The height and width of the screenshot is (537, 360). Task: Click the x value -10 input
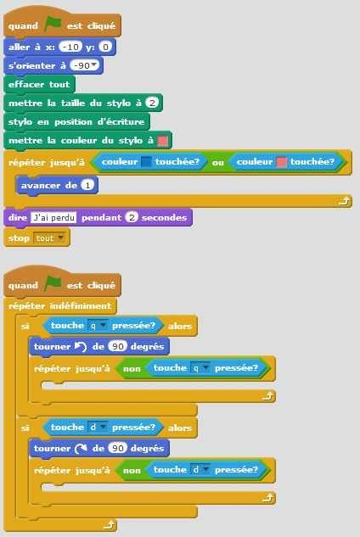tap(70, 47)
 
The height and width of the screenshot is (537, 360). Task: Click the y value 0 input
tap(105, 47)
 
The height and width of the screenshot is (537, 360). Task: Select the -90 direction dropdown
tap(84, 65)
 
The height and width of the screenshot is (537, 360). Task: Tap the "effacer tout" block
tap(39, 84)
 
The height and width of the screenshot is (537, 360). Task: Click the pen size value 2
tap(152, 103)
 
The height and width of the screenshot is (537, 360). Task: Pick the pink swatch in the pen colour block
tap(162, 141)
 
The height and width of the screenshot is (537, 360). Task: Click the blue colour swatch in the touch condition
tap(146, 162)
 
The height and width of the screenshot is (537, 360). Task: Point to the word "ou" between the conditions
tap(217, 163)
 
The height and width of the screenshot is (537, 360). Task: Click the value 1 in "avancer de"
tap(87, 185)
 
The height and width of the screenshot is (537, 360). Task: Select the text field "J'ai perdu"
tap(53, 217)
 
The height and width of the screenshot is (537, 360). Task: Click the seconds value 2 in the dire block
tap(132, 217)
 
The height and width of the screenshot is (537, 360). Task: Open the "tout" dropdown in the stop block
tap(50, 238)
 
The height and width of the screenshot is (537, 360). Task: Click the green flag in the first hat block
tap(53, 25)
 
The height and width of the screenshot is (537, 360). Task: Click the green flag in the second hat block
tap(53, 284)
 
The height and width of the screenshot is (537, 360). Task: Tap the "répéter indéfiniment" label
tap(60, 305)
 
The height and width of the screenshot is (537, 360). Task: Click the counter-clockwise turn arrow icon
tap(81, 347)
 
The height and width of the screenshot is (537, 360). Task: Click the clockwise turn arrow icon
tap(81, 448)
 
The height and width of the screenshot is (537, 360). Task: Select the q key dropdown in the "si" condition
tap(98, 326)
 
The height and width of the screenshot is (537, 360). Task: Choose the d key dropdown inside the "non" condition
tap(200, 469)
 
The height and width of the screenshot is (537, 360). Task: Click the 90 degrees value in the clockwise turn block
tap(118, 448)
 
